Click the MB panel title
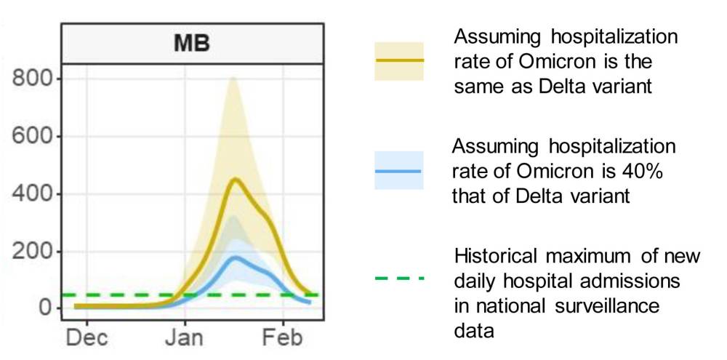[x=192, y=43]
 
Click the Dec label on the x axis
[x=87, y=338]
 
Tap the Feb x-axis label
[x=283, y=338]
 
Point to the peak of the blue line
[x=235, y=257]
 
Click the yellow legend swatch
[x=398, y=61]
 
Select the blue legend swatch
[x=398, y=171]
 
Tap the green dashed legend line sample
[x=398, y=278]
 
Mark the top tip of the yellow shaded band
[x=232, y=77]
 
